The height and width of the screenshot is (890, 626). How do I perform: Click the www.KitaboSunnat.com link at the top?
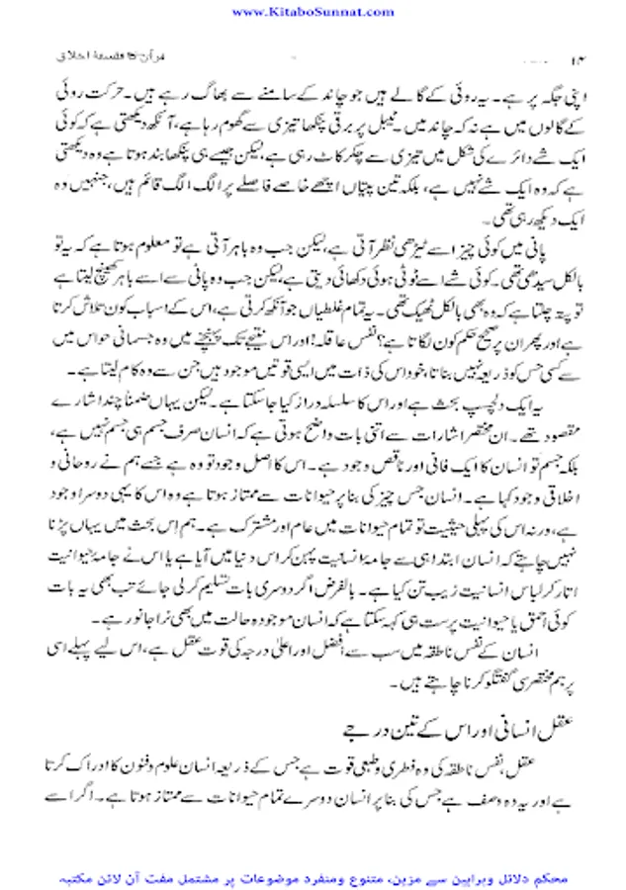(x=313, y=11)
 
